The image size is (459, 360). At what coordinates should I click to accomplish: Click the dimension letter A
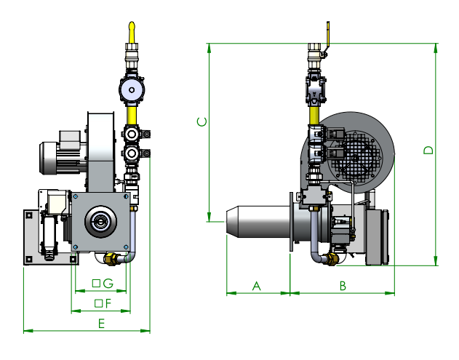click(x=257, y=286)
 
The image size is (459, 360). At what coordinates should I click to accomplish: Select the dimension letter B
click(x=343, y=286)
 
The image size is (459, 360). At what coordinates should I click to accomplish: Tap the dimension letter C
click(x=202, y=121)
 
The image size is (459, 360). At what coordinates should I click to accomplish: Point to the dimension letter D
click(x=428, y=150)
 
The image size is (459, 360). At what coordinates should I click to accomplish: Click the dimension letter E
click(x=101, y=324)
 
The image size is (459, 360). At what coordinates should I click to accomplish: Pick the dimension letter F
click(x=108, y=303)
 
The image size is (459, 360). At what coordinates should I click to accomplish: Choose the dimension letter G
click(x=108, y=284)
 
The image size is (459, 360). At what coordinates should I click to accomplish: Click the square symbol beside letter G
click(x=96, y=284)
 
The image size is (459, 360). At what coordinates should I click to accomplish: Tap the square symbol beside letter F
click(x=99, y=303)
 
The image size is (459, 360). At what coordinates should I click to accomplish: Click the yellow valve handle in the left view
click(x=132, y=32)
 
